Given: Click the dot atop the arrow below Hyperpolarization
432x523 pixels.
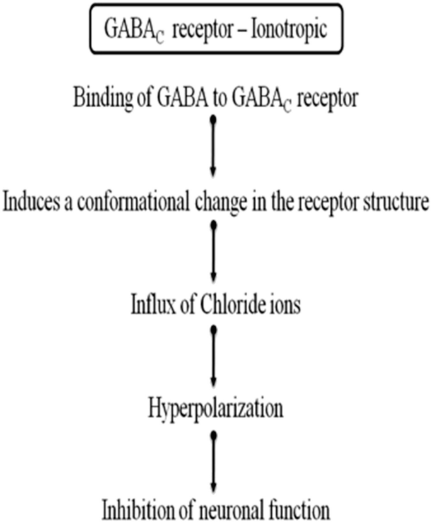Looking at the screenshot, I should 213,435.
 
